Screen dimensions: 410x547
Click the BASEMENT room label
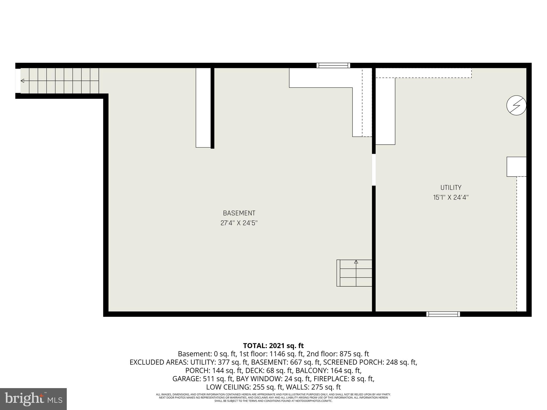coord(239,213)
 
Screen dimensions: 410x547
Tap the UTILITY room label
coord(451,187)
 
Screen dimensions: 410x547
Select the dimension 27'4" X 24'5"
coord(239,223)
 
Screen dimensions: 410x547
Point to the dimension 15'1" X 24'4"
coord(451,198)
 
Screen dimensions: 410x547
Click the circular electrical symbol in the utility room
coord(516,105)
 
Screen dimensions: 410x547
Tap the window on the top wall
coord(333,65)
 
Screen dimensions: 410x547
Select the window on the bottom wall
coord(443,314)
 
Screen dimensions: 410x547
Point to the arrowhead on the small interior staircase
coord(356,262)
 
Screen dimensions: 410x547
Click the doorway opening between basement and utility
coord(374,170)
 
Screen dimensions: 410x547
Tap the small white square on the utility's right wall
coord(516,167)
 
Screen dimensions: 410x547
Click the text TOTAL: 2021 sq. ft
coord(273,346)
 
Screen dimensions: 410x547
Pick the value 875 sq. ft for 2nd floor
coord(354,354)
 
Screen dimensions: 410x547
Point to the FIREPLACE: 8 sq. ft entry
coord(344,379)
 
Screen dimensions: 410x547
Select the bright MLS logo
coord(33,399)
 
